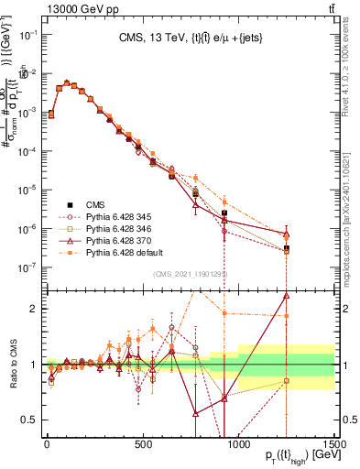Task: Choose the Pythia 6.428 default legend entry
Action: coord(118,251)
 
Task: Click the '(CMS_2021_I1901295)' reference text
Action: coord(190,274)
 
